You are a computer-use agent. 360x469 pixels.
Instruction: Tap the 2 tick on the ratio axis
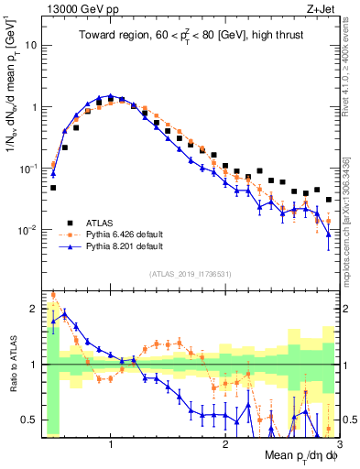34,310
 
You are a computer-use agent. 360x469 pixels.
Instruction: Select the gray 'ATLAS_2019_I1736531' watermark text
190,274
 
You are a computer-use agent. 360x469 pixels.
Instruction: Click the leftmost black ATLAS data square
53,188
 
